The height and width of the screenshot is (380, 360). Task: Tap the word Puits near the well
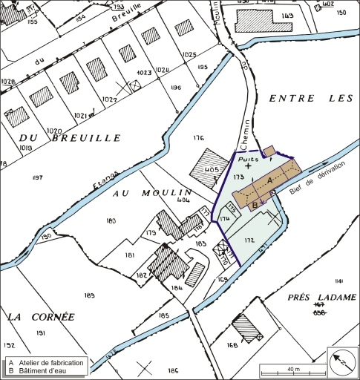(x=246, y=158)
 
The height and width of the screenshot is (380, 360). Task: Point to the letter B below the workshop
(x=255, y=204)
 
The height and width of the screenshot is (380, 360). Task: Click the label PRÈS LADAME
(x=321, y=296)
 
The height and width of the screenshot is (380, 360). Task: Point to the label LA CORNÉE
(x=42, y=316)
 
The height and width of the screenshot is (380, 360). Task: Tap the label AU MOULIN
(x=152, y=192)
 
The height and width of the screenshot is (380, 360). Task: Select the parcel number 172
(x=249, y=241)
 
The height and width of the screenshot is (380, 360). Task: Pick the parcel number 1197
(x=38, y=177)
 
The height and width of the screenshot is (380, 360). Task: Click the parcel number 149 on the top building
(x=288, y=16)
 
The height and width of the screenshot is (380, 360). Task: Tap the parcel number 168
(x=232, y=345)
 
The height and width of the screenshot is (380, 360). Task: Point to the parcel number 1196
(x=175, y=88)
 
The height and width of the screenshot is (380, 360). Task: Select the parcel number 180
(x=111, y=220)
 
